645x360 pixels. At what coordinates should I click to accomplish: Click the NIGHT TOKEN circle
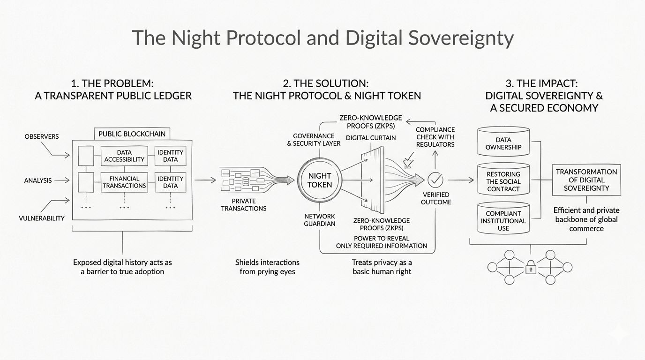(320, 180)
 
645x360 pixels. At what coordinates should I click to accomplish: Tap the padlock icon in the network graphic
(530, 268)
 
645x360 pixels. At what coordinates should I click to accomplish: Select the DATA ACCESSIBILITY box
(124, 156)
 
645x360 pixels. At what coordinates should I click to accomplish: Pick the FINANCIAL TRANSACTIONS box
(124, 182)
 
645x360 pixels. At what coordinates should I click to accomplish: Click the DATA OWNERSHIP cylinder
(503, 143)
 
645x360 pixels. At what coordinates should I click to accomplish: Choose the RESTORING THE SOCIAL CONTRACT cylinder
(503, 181)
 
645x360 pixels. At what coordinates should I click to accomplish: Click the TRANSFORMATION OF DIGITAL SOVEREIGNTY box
(586, 180)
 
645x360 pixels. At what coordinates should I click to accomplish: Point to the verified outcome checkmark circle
(435, 180)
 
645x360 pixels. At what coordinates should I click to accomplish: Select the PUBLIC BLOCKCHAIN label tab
(132, 134)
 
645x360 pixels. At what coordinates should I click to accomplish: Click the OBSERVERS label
(42, 136)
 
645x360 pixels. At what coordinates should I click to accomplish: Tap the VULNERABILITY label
(42, 218)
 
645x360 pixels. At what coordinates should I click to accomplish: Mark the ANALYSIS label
(38, 180)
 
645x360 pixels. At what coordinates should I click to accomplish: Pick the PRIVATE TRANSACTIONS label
(243, 204)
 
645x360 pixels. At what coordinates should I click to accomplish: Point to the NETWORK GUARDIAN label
(320, 220)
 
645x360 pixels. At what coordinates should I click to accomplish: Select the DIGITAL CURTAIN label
(371, 138)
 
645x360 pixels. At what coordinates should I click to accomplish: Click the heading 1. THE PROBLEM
(112, 83)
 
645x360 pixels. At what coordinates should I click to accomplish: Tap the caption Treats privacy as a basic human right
(382, 267)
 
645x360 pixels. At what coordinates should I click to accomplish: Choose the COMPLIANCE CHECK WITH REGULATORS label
(435, 137)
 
